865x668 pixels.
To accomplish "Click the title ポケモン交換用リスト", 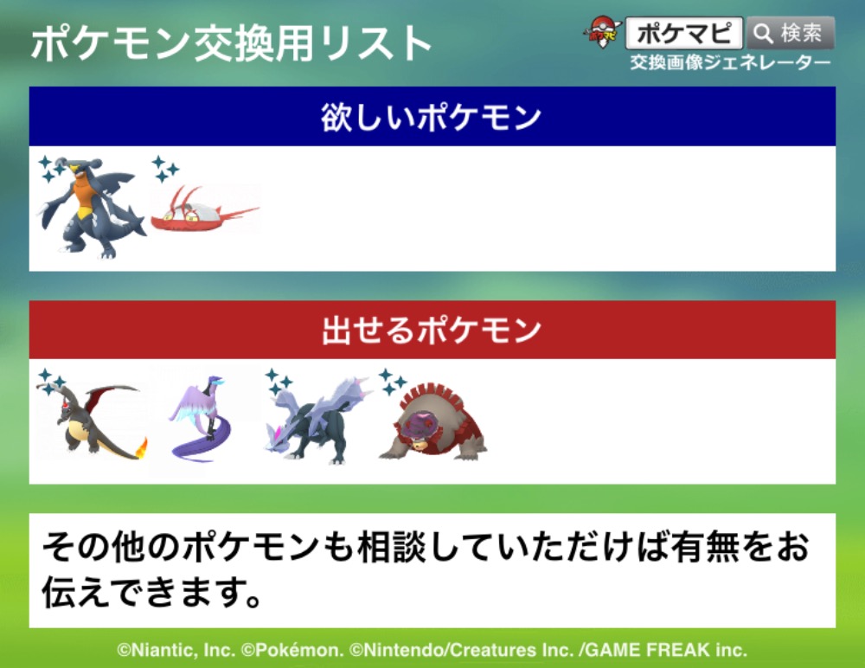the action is coord(232,43).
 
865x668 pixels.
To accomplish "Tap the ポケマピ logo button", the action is coord(684,33).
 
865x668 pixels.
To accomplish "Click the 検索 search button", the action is coord(790,33).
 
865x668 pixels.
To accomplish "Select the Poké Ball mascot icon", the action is coord(602,32).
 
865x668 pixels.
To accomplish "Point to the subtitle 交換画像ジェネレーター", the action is coord(730,62).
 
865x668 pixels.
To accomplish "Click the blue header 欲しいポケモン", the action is coord(432,117).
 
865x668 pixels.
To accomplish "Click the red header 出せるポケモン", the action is coord(432,330).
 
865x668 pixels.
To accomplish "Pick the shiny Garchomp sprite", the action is coord(91,209).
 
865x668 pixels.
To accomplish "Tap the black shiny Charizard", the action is coord(91,421).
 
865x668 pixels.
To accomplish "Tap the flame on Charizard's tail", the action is coord(141,447).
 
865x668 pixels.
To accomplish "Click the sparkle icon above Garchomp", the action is coord(51,170).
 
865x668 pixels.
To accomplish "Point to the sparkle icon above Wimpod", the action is coord(165,170).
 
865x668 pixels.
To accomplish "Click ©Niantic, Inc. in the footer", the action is coord(176,650).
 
